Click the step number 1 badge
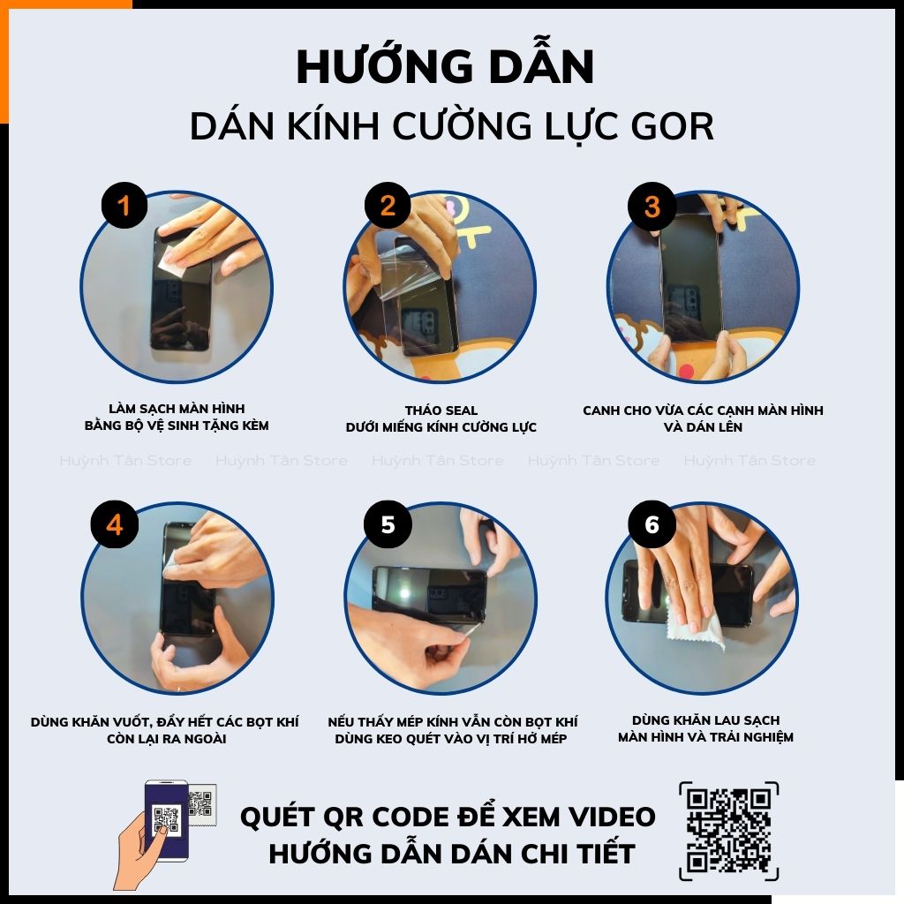[x=124, y=207]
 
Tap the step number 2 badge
[x=388, y=207]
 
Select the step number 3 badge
[x=652, y=207]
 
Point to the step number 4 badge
[x=114, y=524]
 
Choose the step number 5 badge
[x=388, y=524]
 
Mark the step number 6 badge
[x=652, y=524]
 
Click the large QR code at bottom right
[x=729, y=830]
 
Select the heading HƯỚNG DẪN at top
[x=445, y=68]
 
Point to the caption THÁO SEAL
[x=441, y=411]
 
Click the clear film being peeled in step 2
[x=402, y=274]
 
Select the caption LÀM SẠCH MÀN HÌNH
[x=177, y=409]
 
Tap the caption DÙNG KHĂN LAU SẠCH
[x=705, y=720]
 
